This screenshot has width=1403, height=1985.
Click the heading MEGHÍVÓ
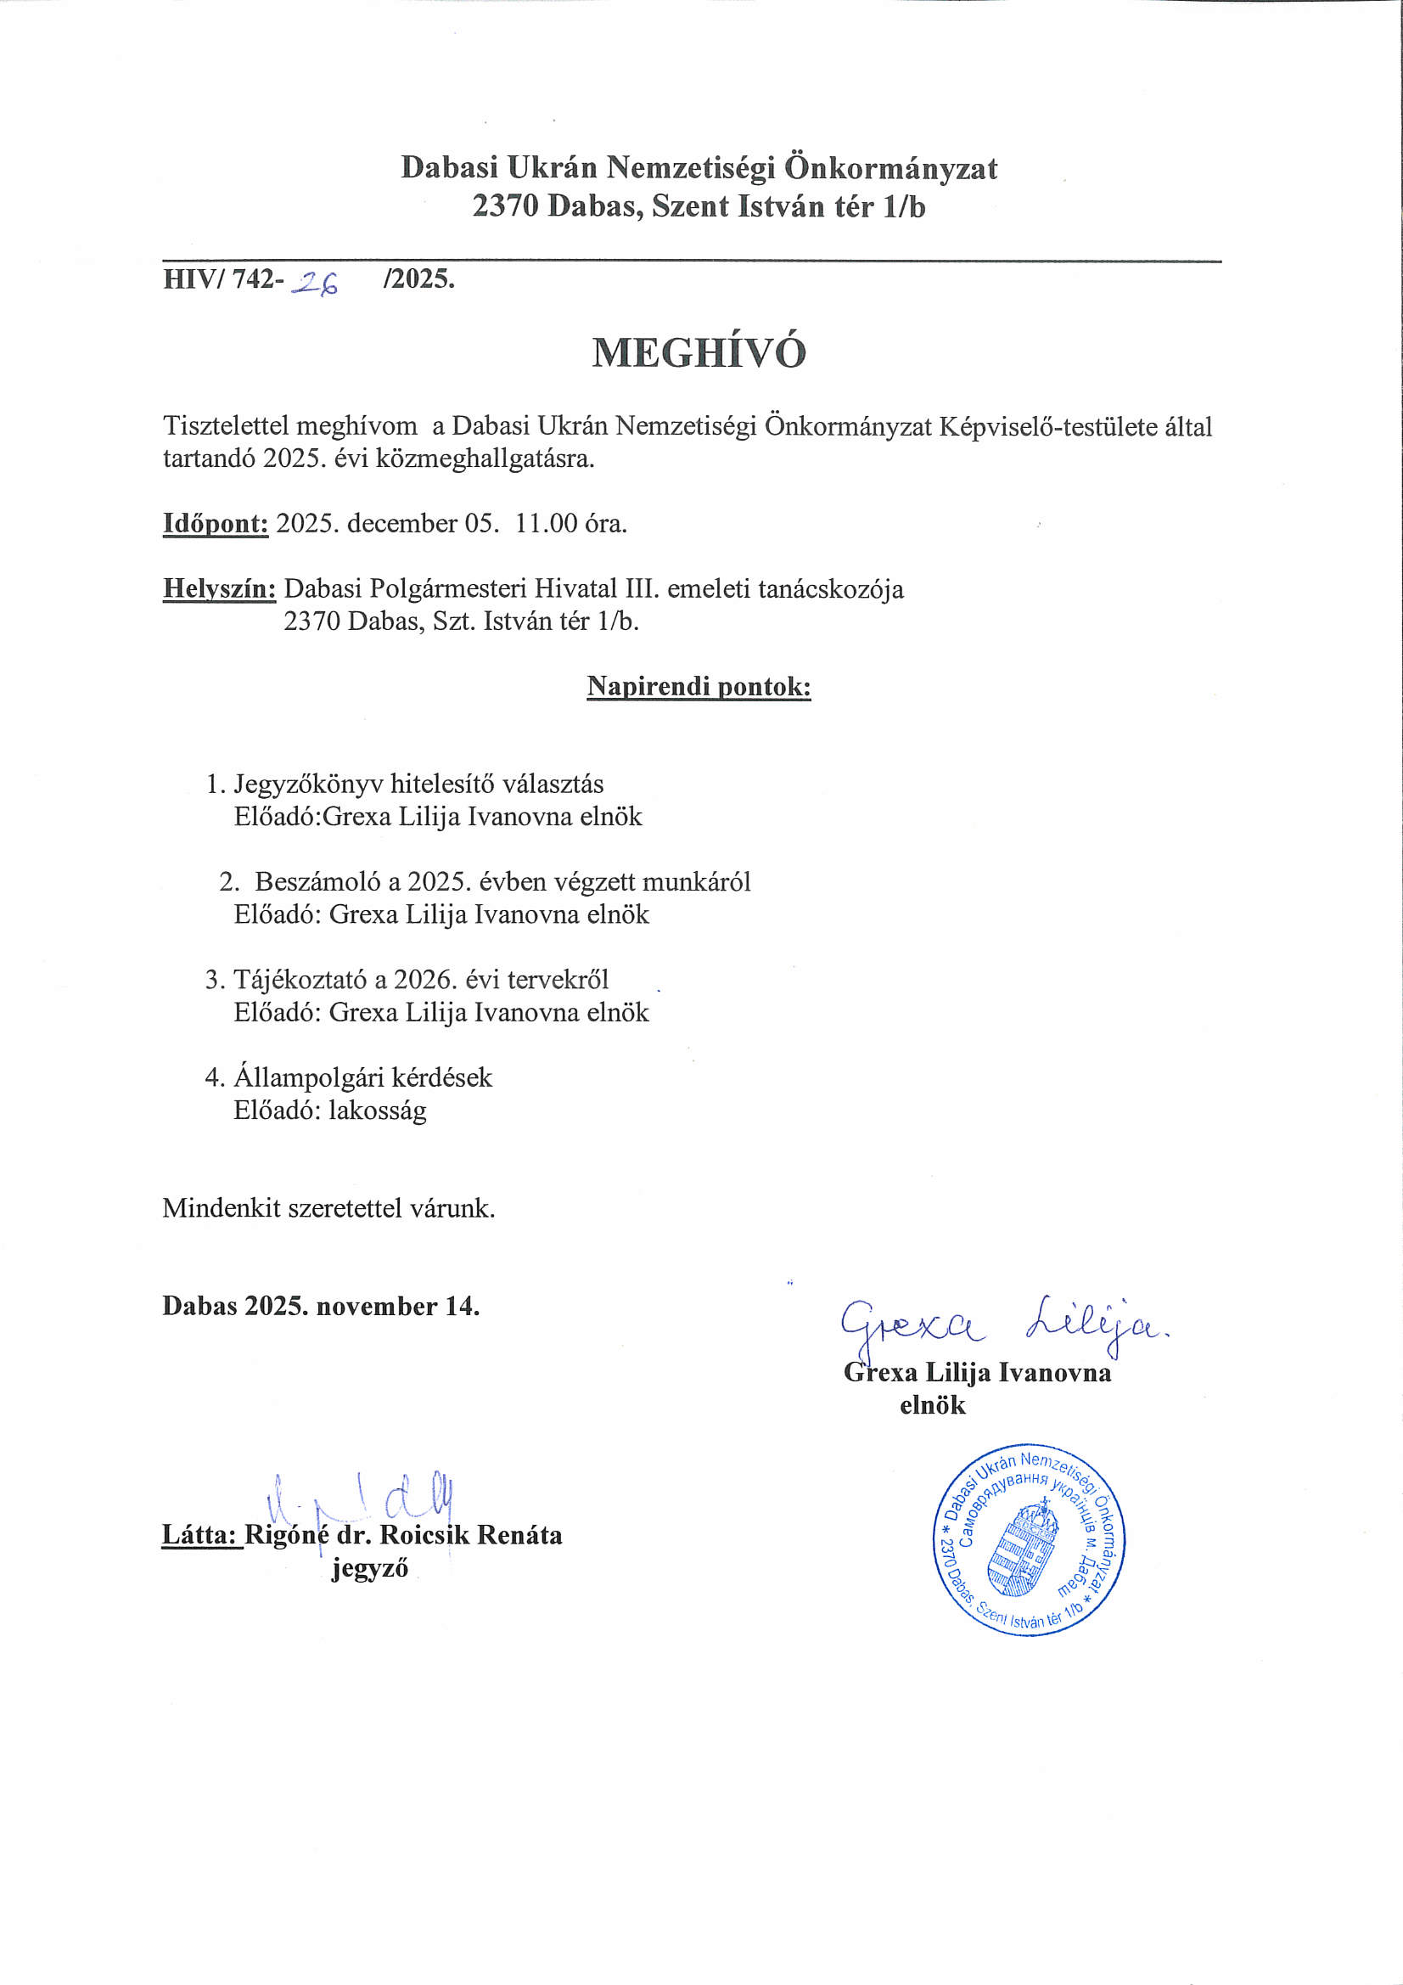pyautogui.click(x=699, y=352)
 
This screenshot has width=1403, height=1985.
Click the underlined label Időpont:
pyautogui.click(x=216, y=524)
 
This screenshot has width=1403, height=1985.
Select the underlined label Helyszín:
pyautogui.click(x=220, y=589)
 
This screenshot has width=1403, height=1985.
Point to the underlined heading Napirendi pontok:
pyautogui.click(x=699, y=687)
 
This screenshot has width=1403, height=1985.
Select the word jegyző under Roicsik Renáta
pyautogui.click(x=369, y=1568)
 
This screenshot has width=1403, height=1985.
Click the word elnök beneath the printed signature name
pyautogui.click(x=932, y=1405)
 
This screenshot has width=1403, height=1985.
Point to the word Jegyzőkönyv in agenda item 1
pyautogui.click(x=309, y=785)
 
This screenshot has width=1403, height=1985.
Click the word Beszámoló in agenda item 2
pyautogui.click(x=318, y=882)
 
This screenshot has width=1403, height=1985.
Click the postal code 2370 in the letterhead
pyautogui.click(x=506, y=206)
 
